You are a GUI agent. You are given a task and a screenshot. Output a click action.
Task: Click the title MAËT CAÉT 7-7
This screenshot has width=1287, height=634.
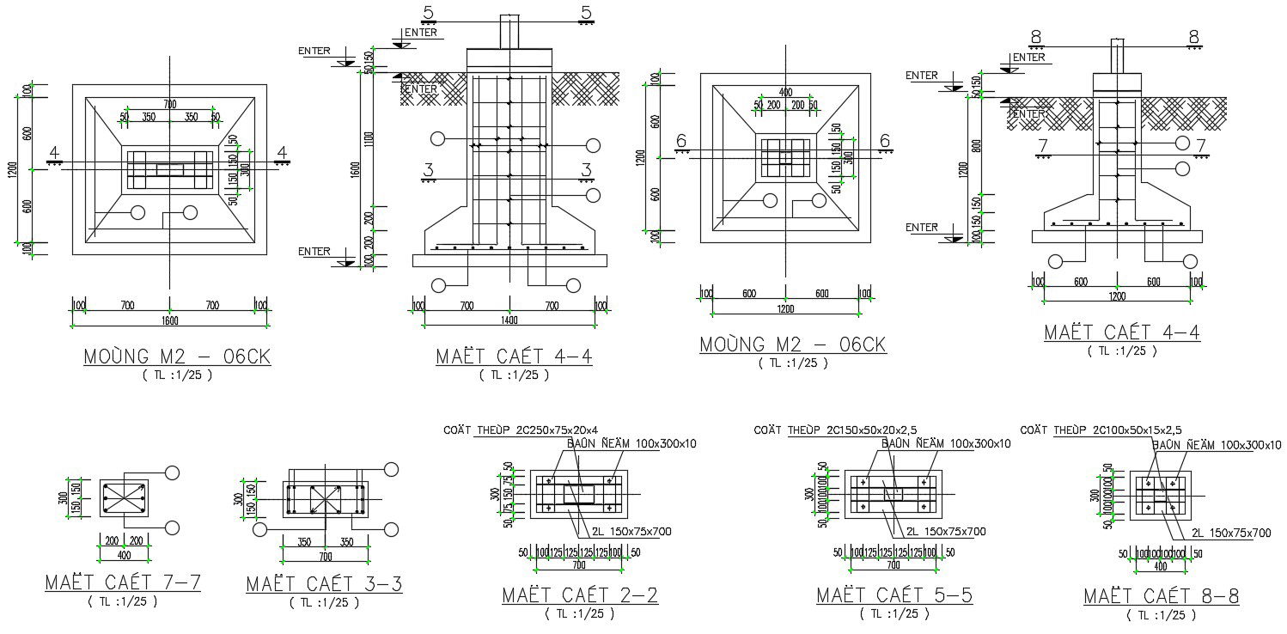(x=123, y=582)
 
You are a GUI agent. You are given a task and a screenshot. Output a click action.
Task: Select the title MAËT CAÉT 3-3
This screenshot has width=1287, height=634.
(x=324, y=584)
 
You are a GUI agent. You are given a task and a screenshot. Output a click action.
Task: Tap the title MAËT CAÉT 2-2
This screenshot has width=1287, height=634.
(x=580, y=595)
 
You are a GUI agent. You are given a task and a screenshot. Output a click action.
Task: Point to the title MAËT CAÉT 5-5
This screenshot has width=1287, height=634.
(x=894, y=595)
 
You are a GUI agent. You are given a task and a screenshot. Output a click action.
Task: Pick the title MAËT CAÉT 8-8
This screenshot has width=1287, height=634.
(x=1161, y=595)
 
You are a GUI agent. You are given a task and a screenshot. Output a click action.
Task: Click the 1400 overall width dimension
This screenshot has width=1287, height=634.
(x=509, y=320)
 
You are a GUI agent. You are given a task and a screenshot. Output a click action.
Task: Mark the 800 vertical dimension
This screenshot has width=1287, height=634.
(x=975, y=146)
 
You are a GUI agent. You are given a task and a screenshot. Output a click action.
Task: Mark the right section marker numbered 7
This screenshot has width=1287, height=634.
(x=1201, y=145)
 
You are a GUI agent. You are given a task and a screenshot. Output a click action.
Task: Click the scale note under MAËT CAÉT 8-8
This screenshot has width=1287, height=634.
(x=1161, y=615)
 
